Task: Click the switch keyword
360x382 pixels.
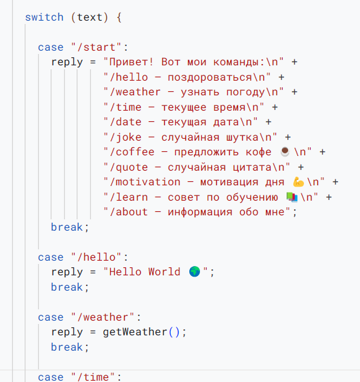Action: click(44, 17)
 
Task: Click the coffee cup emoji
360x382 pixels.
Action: click(285, 151)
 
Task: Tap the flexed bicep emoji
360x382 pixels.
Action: click(298, 182)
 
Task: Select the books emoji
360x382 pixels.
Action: click(292, 197)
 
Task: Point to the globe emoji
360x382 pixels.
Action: click(195, 271)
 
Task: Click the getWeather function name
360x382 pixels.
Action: click(135, 332)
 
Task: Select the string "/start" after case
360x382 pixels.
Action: click(96, 47)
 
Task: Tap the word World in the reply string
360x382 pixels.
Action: click(165, 272)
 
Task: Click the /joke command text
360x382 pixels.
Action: click(125, 137)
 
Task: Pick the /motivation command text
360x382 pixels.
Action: click(145, 182)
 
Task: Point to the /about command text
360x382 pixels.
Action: click(129, 212)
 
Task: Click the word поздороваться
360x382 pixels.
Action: click(210, 78)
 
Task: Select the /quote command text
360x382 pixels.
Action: click(129, 167)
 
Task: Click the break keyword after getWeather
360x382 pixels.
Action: click(67, 347)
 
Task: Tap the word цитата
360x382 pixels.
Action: click(252, 168)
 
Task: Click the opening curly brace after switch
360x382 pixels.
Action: click(119, 17)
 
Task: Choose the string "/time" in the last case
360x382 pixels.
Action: click(93, 377)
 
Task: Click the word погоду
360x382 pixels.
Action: click(246, 93)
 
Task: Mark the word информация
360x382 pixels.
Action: click(200, 212)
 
